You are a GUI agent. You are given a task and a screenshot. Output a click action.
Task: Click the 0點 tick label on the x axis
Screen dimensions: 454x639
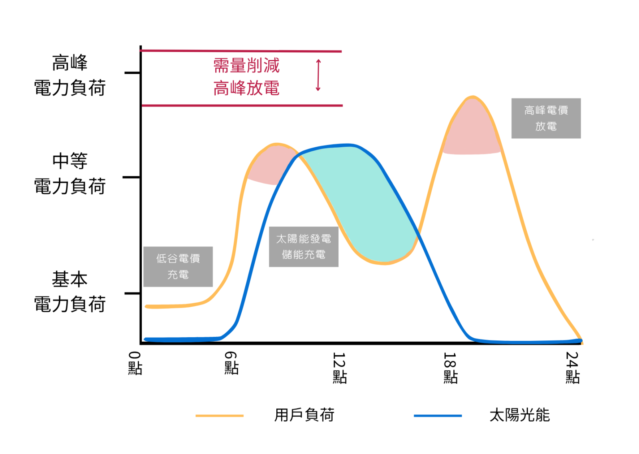point(135,363)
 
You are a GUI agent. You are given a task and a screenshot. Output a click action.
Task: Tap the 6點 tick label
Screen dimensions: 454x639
point(231,363)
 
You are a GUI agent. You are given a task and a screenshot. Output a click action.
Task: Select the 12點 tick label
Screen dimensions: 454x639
point(339,368)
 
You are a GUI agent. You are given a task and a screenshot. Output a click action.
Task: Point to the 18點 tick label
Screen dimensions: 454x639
point(450,368)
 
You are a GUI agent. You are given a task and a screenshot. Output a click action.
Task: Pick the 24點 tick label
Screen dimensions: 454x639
point(572,368)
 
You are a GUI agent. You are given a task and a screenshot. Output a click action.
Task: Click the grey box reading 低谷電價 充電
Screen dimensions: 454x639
point(178,267)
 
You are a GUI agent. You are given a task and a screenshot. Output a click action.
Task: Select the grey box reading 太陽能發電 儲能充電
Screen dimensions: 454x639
point(304,247)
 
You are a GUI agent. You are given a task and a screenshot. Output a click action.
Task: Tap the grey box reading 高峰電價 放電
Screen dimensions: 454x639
point(546,118)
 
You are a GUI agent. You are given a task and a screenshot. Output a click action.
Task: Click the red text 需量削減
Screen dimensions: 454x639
point(246,66)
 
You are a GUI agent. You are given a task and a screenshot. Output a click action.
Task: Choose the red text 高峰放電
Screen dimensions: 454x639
point(246,88)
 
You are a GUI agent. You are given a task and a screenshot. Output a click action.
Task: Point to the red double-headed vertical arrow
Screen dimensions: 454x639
point(318,75)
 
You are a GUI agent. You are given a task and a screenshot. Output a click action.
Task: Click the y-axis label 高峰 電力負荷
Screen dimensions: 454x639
point(70,75)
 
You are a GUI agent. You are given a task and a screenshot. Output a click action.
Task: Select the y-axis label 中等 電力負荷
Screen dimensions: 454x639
point(70,174)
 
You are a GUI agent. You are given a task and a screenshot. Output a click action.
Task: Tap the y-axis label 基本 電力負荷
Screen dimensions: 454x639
point(70,292)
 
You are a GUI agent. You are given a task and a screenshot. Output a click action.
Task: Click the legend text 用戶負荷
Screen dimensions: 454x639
point(304,415)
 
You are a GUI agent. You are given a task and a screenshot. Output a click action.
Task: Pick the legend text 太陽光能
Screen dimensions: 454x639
point(520,415)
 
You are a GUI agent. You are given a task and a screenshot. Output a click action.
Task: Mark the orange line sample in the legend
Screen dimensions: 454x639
point(219,416)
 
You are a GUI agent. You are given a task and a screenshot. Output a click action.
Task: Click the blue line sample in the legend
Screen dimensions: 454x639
point(438,416)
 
